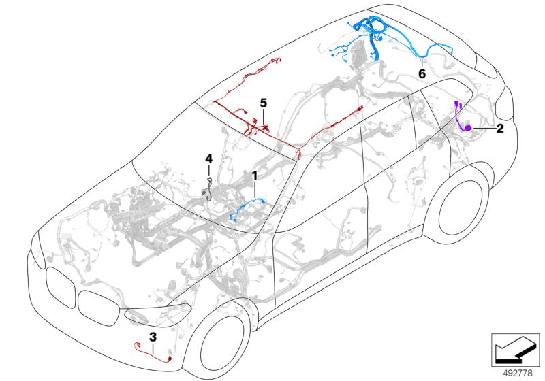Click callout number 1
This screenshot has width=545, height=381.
click(x=255, y=176)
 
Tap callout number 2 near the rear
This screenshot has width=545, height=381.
click(x=499, y=129)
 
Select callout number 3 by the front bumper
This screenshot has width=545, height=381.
click(x=153, y=337)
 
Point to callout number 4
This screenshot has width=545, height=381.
click(x=209, y=159)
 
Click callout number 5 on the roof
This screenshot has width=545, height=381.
click(x=262, y=103)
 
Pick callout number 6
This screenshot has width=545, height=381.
click(x=422, y=72)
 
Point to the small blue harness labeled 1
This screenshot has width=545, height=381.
click(x=245, y=208)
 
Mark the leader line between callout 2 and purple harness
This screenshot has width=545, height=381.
click(x=484, y=129)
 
